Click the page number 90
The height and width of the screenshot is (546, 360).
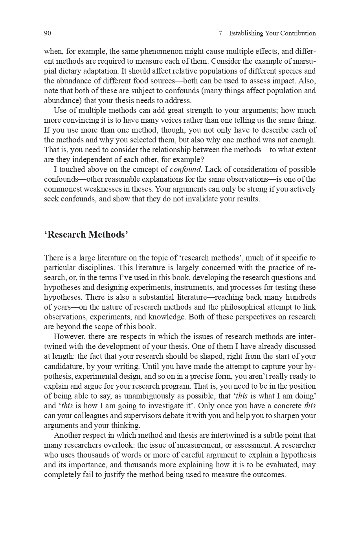[48, 33]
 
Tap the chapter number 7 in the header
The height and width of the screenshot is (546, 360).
[220, 33]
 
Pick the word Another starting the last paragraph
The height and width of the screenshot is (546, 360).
[67, 435]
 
